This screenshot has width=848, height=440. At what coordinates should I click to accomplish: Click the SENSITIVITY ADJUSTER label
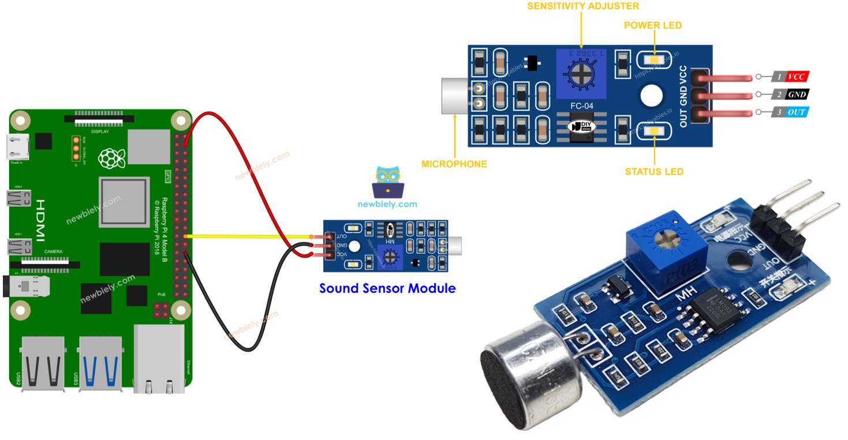[x=584, y=6]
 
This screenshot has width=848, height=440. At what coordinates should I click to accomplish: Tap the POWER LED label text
[x=652, y=25]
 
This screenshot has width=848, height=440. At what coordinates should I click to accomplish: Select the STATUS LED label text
[x=654, y=171]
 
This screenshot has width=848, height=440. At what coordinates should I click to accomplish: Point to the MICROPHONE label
[x=454, y=164]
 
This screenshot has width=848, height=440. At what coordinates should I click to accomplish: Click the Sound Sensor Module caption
[x=387, y=288]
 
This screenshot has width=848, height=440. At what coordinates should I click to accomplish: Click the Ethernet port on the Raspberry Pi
[x=159, y=359]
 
